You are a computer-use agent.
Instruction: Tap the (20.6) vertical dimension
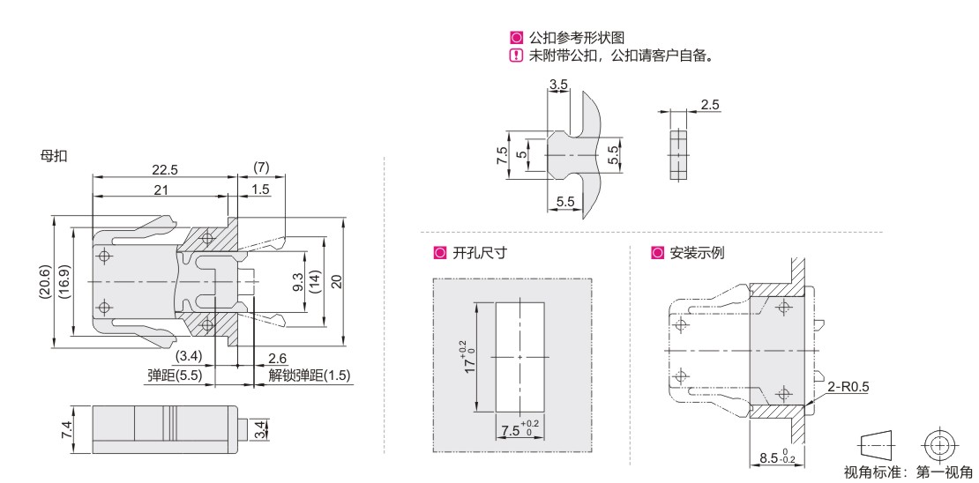46,282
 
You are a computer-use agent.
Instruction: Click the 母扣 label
54,156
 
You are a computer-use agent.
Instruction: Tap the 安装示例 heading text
697,253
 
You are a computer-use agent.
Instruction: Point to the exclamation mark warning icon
517,55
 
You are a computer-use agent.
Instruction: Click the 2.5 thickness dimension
709,105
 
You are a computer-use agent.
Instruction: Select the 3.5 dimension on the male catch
557,84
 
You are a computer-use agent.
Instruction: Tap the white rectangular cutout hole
520,357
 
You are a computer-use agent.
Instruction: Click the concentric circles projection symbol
938,442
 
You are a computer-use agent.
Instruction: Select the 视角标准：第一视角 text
908,472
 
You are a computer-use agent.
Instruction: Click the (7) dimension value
260,167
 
